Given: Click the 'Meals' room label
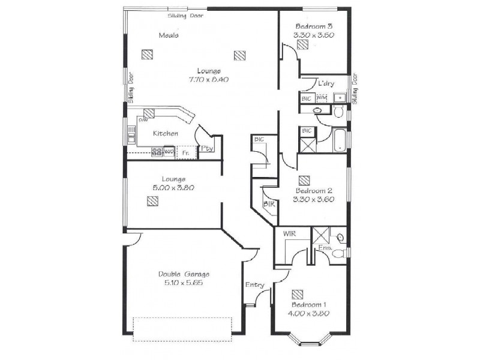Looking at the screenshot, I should point(168,35).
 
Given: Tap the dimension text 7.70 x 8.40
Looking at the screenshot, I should point(209,79).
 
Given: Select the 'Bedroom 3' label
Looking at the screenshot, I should point(314,27).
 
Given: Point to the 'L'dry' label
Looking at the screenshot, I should point(326,83).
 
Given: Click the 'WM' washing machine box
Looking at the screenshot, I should point(322,97).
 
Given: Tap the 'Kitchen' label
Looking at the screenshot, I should point(165,133).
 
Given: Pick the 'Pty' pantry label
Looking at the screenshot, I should point(207,148).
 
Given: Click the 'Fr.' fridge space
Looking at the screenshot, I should point(186,153).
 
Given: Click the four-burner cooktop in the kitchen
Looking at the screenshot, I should point(157,152).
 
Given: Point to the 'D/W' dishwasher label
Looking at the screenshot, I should point(143,120).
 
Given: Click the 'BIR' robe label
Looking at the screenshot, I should point(269,204).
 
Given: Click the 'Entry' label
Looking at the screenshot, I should point(254,285).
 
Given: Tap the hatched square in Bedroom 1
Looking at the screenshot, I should point(298,294).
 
